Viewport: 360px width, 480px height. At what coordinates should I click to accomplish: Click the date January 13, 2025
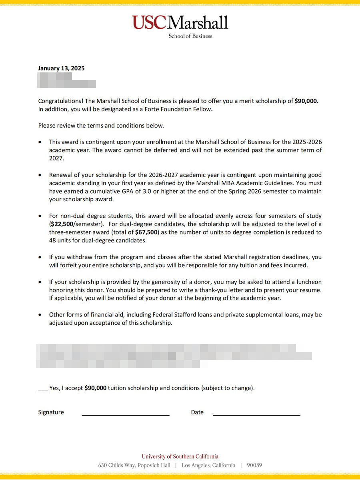[61, 68]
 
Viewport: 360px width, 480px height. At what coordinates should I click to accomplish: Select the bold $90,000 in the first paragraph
[306, 101]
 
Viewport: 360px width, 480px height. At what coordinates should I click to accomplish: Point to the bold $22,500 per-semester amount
[62, 224]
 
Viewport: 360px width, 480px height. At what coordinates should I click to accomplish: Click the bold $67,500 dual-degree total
[146, 232]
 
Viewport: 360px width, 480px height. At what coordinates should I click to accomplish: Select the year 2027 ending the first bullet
[57, 158]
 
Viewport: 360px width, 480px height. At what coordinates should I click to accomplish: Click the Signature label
[51, 412]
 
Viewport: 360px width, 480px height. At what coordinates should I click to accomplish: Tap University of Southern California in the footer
[180, 456]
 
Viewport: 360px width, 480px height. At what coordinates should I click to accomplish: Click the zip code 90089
[254, 466]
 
